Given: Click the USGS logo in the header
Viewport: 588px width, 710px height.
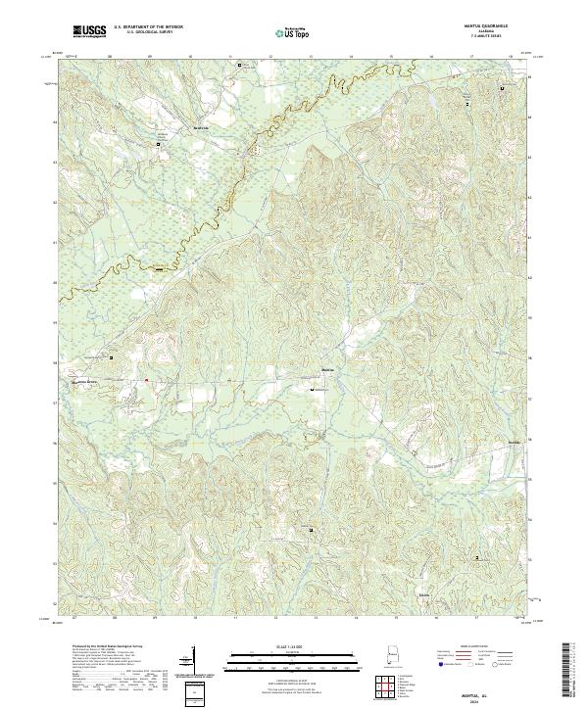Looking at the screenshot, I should tap(90, 32).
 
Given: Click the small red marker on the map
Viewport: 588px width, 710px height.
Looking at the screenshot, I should tap(147, 380).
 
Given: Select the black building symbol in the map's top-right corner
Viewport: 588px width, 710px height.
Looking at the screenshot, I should tap(503, 88).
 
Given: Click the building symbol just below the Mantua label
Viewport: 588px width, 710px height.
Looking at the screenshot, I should tap(314, 390).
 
